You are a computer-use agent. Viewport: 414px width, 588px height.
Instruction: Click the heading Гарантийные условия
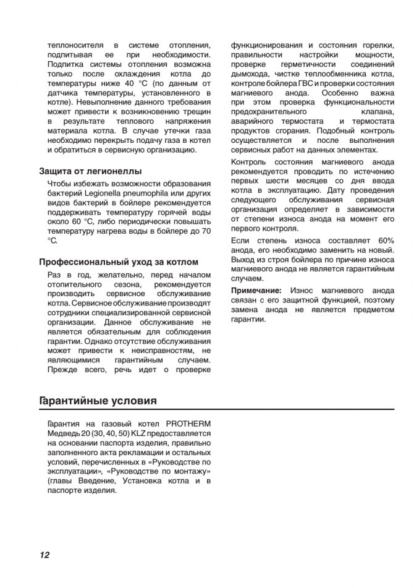point(97,401)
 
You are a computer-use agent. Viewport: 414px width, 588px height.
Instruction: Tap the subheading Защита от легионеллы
point(90,171)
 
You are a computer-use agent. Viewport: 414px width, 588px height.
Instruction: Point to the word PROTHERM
point(188,424)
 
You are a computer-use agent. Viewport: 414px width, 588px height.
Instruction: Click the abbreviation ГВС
point(305,83)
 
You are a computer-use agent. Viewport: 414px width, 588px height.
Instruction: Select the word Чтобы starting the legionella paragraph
point(60,184)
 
